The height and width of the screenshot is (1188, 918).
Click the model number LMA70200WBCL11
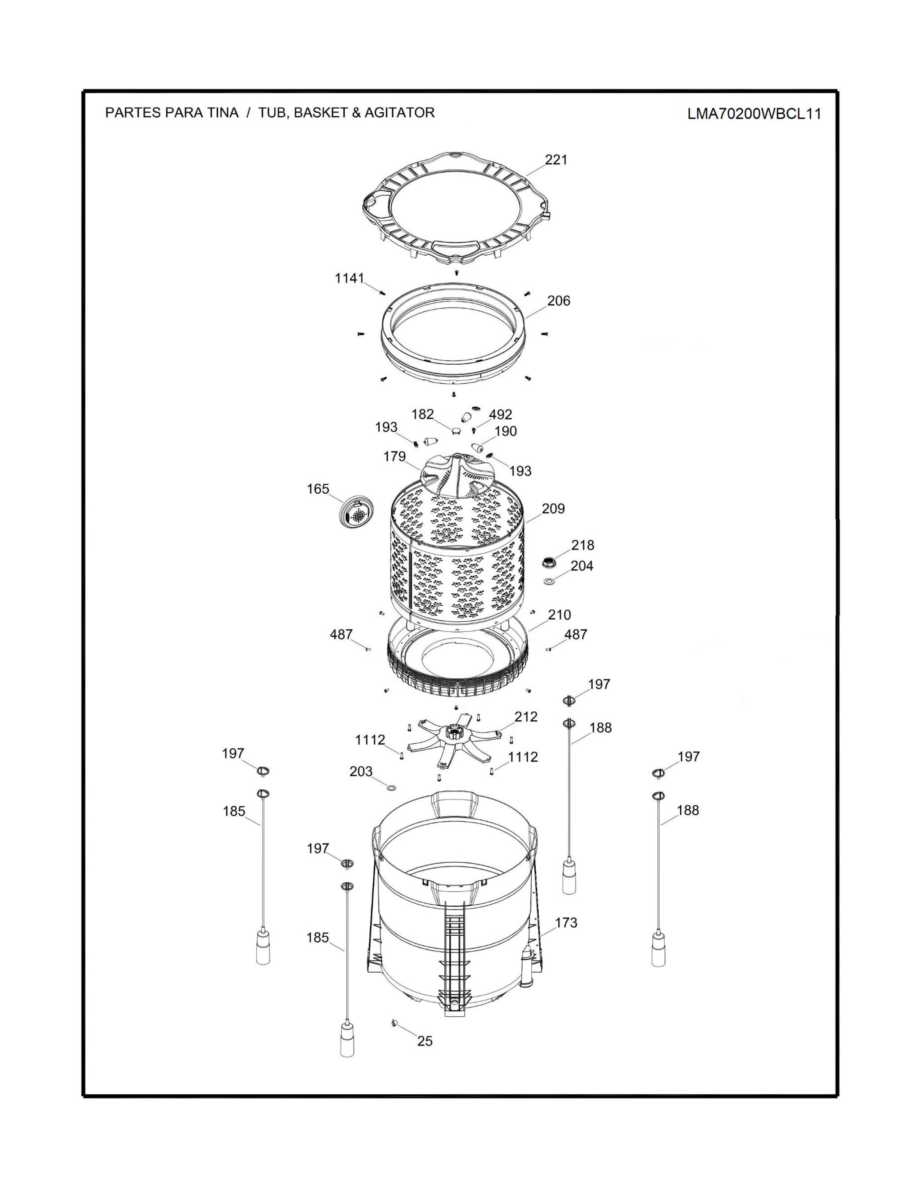754,114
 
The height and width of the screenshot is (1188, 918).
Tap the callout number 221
556,159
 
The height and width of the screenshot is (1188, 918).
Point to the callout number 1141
349,279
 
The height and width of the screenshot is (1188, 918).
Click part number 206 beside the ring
558,301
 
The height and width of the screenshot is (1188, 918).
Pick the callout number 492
500,414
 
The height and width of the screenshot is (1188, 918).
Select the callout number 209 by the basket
553,509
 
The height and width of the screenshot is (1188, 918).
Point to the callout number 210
559,615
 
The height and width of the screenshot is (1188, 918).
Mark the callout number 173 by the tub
566,923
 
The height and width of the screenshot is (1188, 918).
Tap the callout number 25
425,1041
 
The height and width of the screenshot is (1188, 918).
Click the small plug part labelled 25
392,1023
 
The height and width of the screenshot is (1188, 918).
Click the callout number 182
423,414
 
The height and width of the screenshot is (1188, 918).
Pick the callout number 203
361,771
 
